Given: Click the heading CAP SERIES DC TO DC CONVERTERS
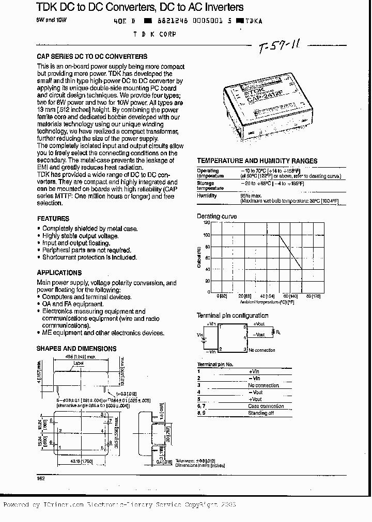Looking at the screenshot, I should click(92, 56).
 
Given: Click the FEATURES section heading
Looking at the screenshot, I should click(53, 219).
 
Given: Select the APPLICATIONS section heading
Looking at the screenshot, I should click(59, 272).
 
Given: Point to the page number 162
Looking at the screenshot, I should click(41, 479).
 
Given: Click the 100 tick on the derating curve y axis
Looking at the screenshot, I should click(207, 235).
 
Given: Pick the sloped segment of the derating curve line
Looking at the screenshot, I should click(291, 252).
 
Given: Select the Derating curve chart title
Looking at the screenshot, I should click(217, 216).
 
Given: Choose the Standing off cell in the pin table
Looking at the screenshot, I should click(260, 413).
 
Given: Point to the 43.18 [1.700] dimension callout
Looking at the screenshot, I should click(85, 461).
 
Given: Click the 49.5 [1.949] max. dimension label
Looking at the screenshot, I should click(84, 357).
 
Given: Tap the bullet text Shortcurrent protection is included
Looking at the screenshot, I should click(89, 257).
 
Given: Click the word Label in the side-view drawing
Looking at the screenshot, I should click(79, 363).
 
